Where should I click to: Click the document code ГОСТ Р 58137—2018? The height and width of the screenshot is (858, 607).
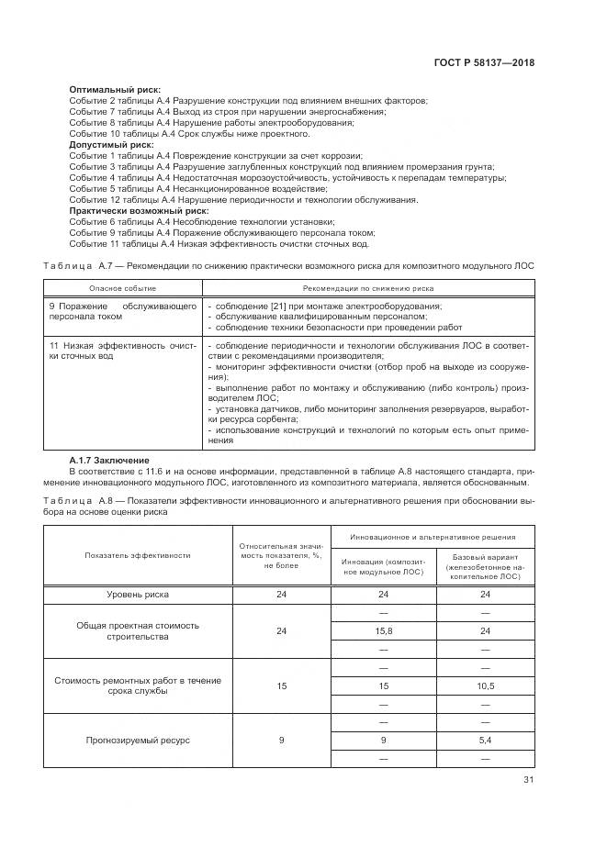483,63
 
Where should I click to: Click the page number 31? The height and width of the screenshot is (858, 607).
528,780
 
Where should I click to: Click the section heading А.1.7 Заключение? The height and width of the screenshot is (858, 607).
109,460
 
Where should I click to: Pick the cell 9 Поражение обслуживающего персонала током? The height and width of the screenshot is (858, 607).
122,310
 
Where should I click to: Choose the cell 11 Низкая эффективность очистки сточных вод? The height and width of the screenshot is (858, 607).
122,350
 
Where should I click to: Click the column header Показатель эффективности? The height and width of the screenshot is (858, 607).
138,555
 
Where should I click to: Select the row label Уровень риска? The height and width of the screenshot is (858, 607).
138,595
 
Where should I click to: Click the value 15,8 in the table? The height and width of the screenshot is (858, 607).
385,631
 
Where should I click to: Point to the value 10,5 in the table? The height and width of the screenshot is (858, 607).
485,685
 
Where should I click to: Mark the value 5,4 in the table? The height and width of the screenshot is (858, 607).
485,741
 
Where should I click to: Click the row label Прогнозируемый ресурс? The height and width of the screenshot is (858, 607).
138,741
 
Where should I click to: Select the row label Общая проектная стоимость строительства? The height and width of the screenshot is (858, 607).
138,630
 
